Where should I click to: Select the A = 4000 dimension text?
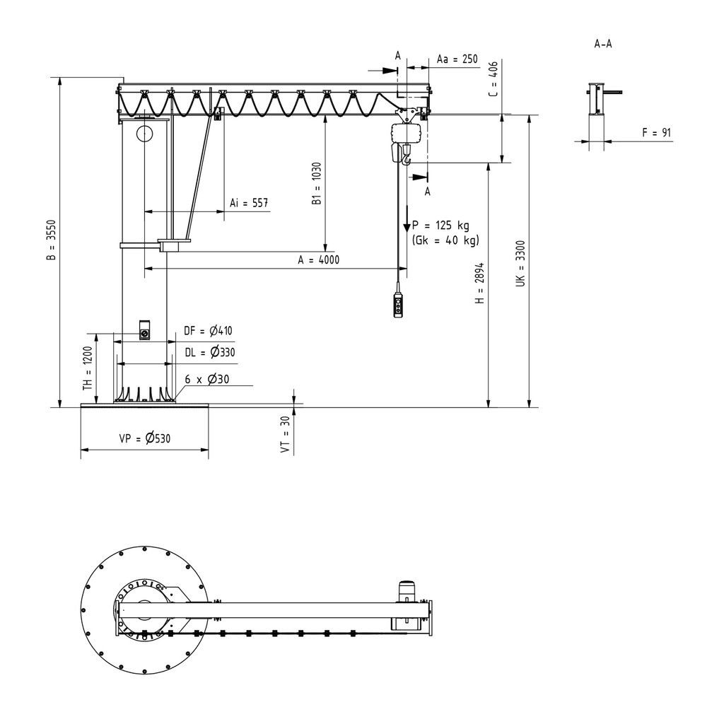(318, 259)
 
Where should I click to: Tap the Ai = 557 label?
(249, 203)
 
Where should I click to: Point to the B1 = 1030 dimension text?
(317, 185)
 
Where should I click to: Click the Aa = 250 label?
(457, 59)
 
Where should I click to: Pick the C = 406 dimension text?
(493, 78)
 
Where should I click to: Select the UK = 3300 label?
(520, 263)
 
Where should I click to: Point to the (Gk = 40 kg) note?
(445, 240)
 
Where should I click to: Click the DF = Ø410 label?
(209, 330)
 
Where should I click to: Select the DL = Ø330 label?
(209, 351)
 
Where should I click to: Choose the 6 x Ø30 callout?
(207, 379)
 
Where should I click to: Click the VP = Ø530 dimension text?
(144, 438)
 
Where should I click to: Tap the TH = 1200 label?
(88, 369)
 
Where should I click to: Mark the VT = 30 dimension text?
(285, 433)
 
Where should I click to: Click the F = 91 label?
(655, 132)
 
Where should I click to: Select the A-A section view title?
(603, 44)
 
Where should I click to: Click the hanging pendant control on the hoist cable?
(400, 306)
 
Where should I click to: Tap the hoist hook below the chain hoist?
(407, 161)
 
